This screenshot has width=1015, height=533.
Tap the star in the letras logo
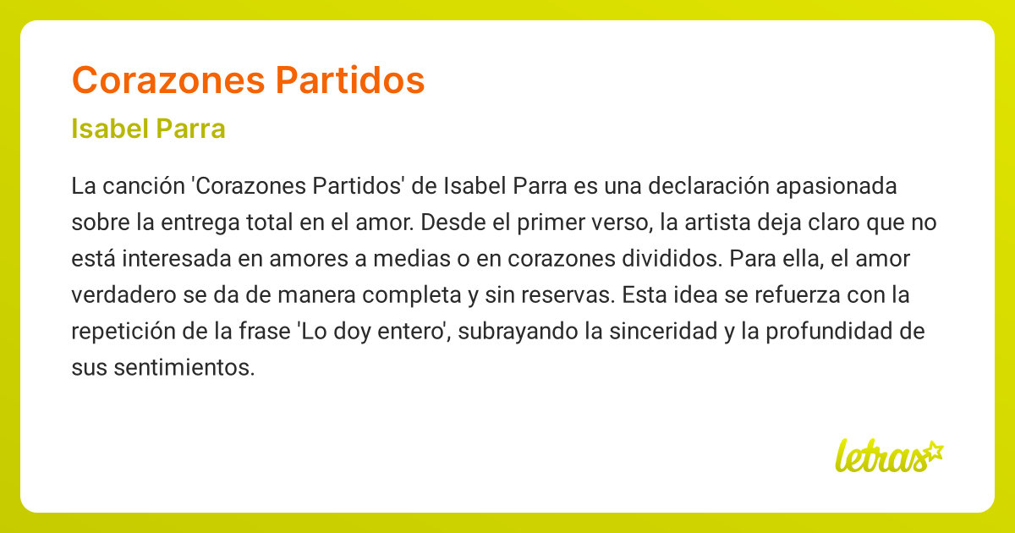[x=933, y=450]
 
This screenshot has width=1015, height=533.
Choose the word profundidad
[x=823, y=332]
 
